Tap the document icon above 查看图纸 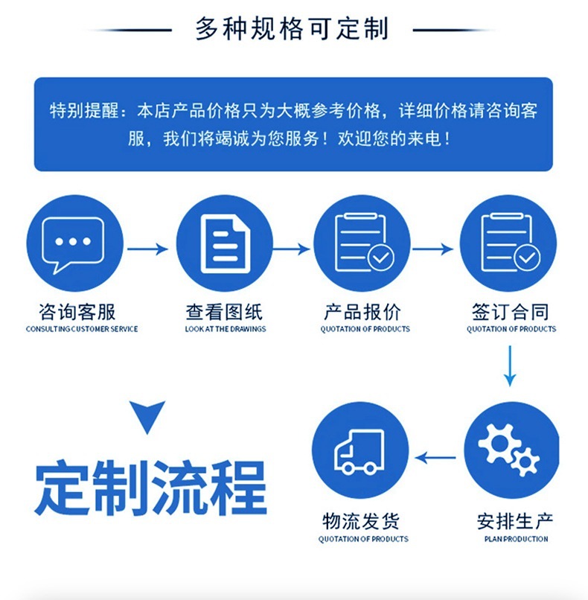[226, 244]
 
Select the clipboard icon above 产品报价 [364, 242]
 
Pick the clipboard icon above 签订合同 [511, 242]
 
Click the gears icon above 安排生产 [509, 449]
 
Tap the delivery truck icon [359, 452]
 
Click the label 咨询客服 [77, 312]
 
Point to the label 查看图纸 [224, 312]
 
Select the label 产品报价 [362, 312]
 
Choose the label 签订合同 [511, 312]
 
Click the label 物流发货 [361, 521]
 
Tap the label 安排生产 [515, 521]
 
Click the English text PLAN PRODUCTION [516, 539]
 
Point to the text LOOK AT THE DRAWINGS [226, 329]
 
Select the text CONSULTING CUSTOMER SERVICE [82, 329]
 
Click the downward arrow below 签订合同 [510, 366]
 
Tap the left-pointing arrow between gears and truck [435, 458]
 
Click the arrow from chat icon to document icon [147, 249]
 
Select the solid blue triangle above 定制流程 [147, 415]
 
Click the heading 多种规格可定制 [293, 29]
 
